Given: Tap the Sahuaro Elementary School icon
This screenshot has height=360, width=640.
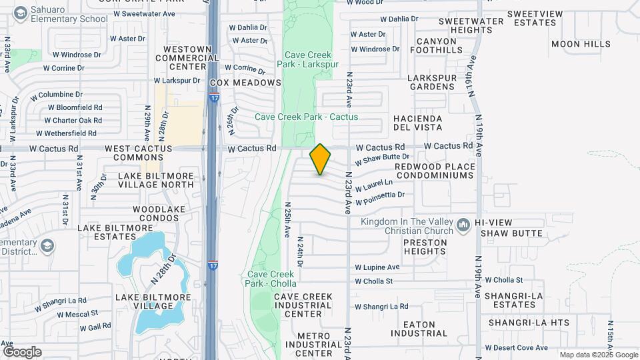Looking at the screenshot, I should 21,13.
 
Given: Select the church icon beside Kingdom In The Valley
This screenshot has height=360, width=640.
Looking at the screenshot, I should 463,226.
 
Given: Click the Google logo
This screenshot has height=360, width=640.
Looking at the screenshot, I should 22,351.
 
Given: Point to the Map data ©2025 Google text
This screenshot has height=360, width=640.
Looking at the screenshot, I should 599,355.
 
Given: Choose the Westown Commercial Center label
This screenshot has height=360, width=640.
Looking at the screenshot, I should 187,58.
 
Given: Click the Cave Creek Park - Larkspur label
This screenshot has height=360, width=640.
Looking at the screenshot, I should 312,59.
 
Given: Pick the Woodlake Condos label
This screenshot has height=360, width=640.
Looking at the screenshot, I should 163,213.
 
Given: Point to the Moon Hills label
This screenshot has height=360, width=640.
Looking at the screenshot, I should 581,44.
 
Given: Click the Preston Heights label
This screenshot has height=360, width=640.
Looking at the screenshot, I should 424,247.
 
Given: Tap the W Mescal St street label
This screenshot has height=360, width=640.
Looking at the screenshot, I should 77,313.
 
